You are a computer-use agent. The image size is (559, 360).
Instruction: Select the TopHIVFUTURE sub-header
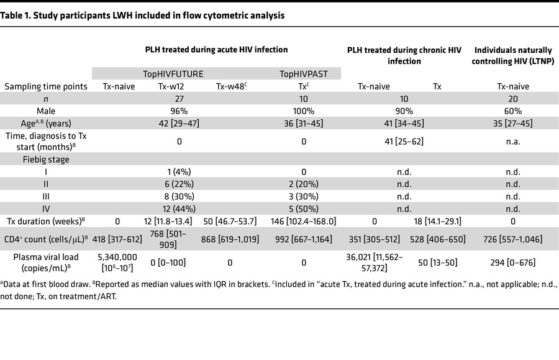pos(179,73)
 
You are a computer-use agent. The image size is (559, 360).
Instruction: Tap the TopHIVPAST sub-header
pos(304,73)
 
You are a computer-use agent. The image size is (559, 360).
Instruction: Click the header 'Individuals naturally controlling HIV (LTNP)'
pos(513,55)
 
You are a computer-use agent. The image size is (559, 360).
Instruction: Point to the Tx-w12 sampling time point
pos(179,87)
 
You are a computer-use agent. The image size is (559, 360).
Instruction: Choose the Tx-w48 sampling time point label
pos(229,87)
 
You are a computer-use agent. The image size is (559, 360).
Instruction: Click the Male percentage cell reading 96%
pos(179,111)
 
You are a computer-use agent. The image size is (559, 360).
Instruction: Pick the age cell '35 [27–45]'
pos(513,123)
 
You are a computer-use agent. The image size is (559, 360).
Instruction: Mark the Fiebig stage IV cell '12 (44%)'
pos(179,209)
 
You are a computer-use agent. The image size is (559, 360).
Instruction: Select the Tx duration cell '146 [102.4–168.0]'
pos(304,220)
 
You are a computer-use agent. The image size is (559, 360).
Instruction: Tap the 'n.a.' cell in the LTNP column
pos(513,141)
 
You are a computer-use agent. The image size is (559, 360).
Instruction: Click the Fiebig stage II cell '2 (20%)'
pos(304,183)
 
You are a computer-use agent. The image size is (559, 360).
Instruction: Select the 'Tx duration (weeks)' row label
pos(47,220)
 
